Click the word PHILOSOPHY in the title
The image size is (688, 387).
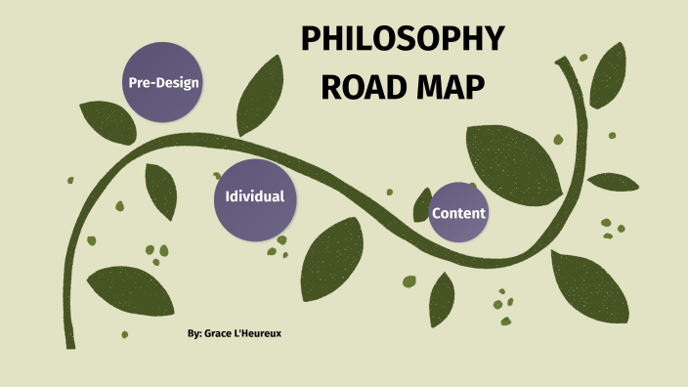[402, 41]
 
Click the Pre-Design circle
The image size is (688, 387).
[163, 82]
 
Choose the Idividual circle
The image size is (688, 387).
[254, 197]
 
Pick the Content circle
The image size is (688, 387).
[458, 213]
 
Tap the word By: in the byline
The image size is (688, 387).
[193, 334]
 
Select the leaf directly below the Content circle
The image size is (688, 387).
[442, 297]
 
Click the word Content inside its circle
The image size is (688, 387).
[458, 213]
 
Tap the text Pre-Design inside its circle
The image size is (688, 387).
[163, 82]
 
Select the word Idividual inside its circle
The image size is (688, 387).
[254, 197]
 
